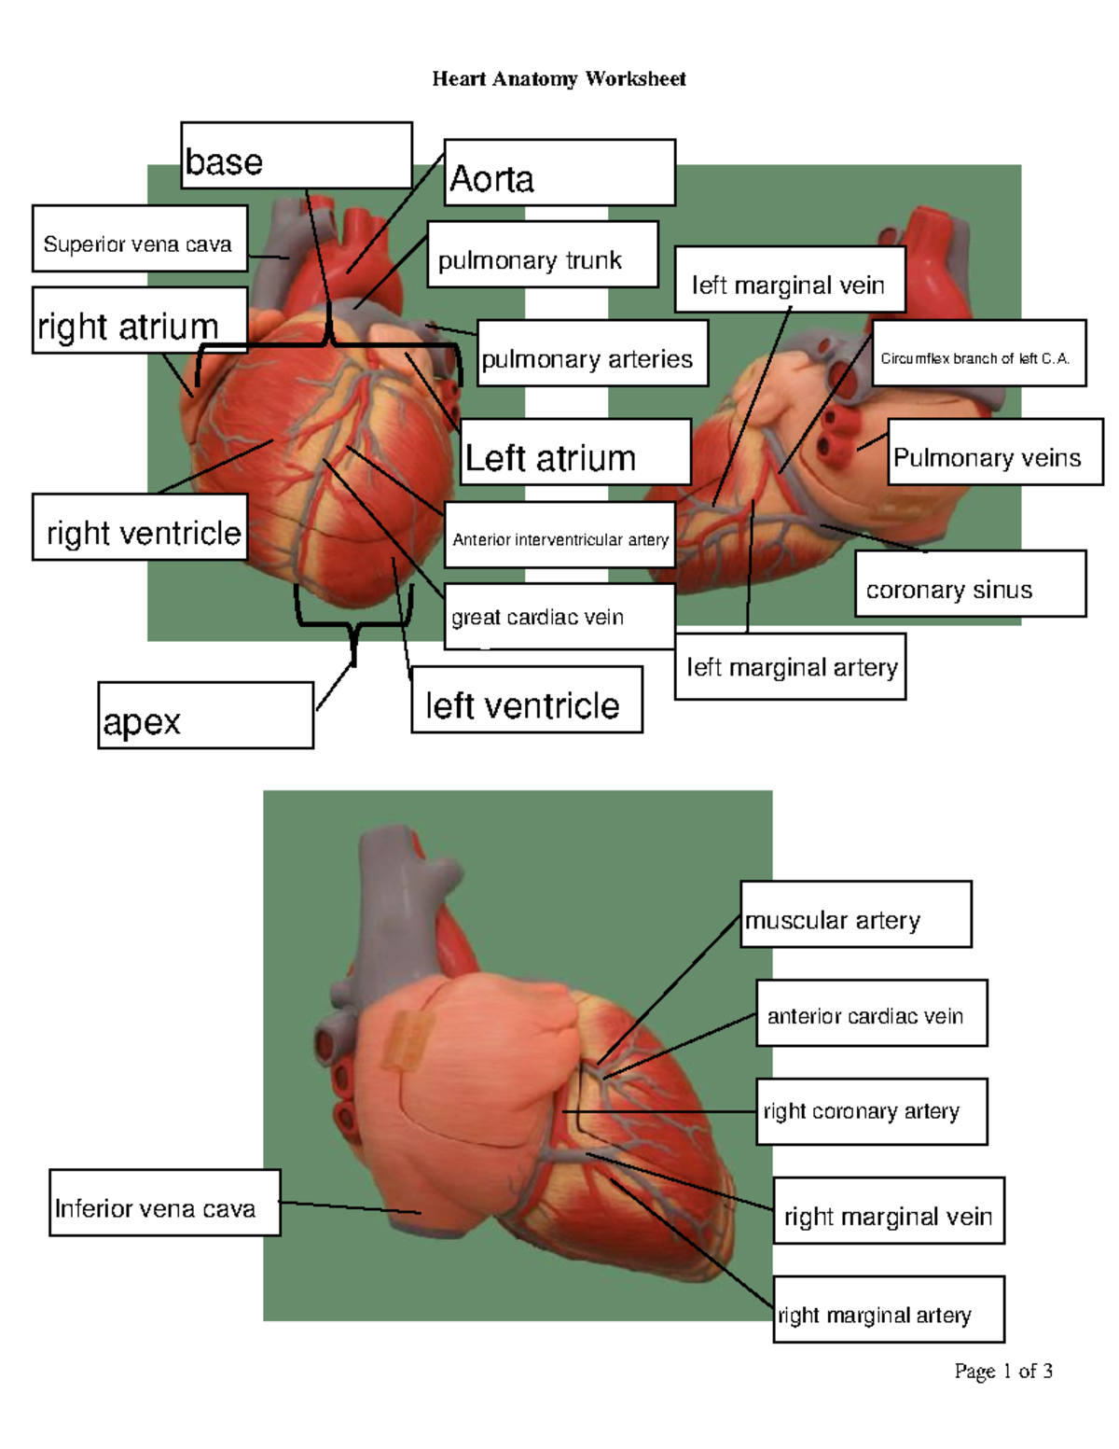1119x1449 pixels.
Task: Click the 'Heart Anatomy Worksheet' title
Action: [559, 79]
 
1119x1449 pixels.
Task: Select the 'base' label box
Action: [297, 156]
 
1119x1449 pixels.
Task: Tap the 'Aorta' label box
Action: [559, 173]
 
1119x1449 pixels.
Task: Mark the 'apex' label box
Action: [205, 716]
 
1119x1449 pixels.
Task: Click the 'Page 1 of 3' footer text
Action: [1003, 1371]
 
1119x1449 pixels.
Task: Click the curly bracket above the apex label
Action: [353, 620]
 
